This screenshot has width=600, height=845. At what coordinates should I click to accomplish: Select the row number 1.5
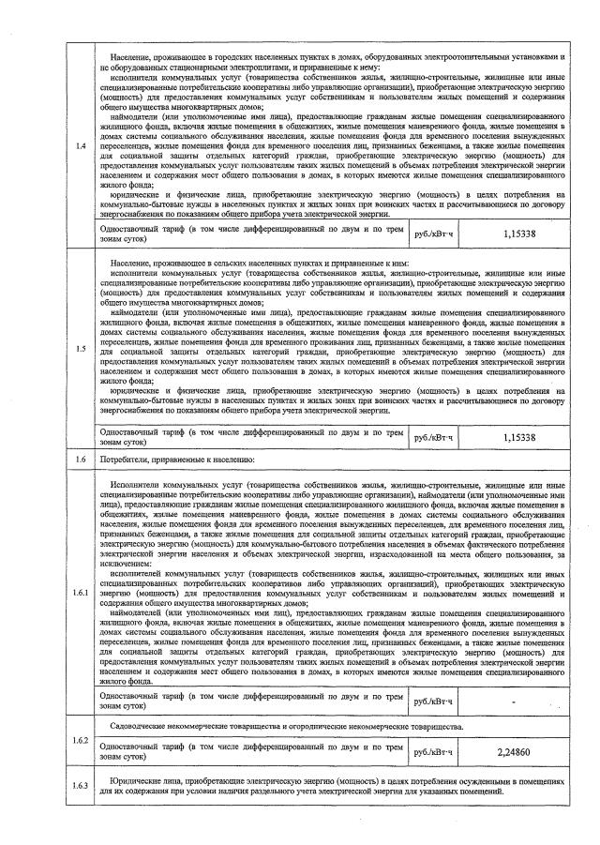pyautogui.click(x=81, y=350)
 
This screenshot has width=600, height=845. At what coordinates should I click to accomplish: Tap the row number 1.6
pyautogui.click(x=81, y=460)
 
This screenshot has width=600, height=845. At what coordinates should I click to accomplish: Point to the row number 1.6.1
pyautogui.click(x=81, y=594)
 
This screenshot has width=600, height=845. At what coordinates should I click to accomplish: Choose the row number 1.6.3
pyautogui.click(x=81, y=785)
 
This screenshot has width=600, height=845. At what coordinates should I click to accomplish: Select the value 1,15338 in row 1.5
pyautogui.click(x=517, y=436)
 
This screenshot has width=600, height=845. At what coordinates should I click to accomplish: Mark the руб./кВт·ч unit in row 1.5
pyautogui.click(x=432, y=436)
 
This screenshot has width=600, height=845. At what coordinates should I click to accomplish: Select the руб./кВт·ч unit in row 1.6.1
pyautogui.click(x=432, y=701)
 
